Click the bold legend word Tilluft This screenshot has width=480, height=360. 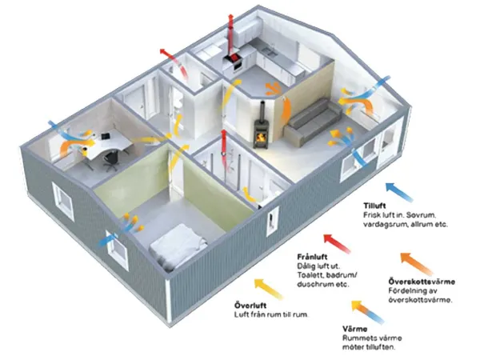(374, 206)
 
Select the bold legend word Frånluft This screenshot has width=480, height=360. (312, 257)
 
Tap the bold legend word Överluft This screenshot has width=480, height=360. (250, 306)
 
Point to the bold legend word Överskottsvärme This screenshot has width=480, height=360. (422, 281)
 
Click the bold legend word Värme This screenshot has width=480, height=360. (354, 329)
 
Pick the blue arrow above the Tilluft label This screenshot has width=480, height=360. (398, 191)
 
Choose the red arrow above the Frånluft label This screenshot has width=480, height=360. (337, 243)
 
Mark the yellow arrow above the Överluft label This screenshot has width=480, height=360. (268, 288)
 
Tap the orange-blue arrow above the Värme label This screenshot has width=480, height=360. (367, 312)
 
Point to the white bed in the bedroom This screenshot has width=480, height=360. (178, 246)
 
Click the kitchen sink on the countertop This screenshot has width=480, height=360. (269, 51)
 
